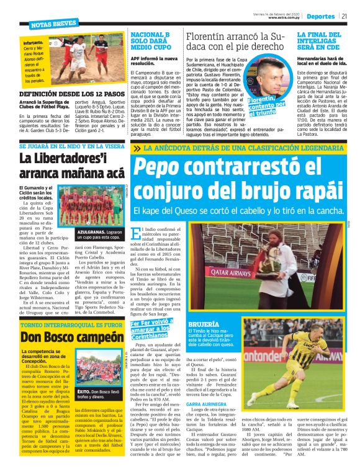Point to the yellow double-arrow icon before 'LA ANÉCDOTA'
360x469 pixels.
point(137,148)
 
